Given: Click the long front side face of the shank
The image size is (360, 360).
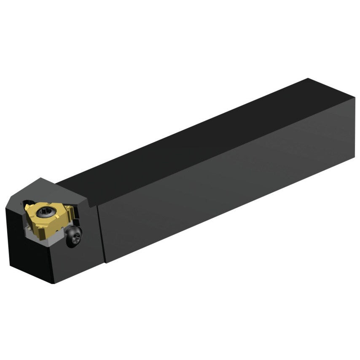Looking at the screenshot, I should (228, 185).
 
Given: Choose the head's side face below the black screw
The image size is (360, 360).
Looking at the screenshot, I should (80, 261).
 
